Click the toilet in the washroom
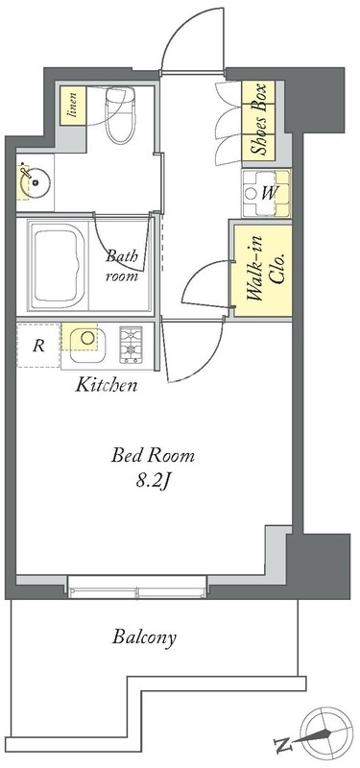click(x=121, y=115)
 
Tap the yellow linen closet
click(x=74, y=106)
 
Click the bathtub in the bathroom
click(x=58, y=267)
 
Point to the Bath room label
click(x=123, y=266)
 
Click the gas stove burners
click(x=131, y=345)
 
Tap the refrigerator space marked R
click(x=38, y=345)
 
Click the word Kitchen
click(x=106, y=386)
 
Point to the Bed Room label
click(x=153, y=456)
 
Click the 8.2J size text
click(x=154, y=482)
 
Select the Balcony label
click(x=144, y=637)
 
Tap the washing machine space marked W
click(x=266, y=193)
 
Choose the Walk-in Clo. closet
click(x=262, y=271)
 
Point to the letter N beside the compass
click(x=282, y=747)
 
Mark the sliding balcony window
click(x=137, y=587)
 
